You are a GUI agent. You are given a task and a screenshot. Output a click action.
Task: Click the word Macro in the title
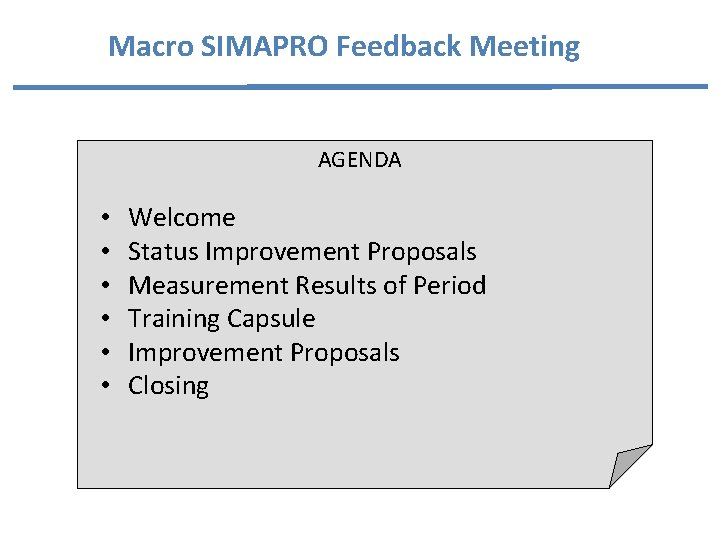tap(141, 46)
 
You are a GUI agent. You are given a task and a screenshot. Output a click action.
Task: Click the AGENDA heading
tap(360, 160)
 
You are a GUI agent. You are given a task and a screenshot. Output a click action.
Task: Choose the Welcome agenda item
tap(182, 218)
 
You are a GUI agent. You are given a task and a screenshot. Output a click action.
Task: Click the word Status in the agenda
tap(163, 252)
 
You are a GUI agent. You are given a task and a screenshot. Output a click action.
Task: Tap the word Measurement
tap(209, 286)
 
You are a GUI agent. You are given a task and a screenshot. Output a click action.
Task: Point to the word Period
tap(449, 286)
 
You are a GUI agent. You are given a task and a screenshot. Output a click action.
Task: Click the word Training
tap(174, 319)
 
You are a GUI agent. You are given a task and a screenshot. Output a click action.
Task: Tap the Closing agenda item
tap(168, 386)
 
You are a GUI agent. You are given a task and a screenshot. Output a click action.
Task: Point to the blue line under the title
tap(360, 87)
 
